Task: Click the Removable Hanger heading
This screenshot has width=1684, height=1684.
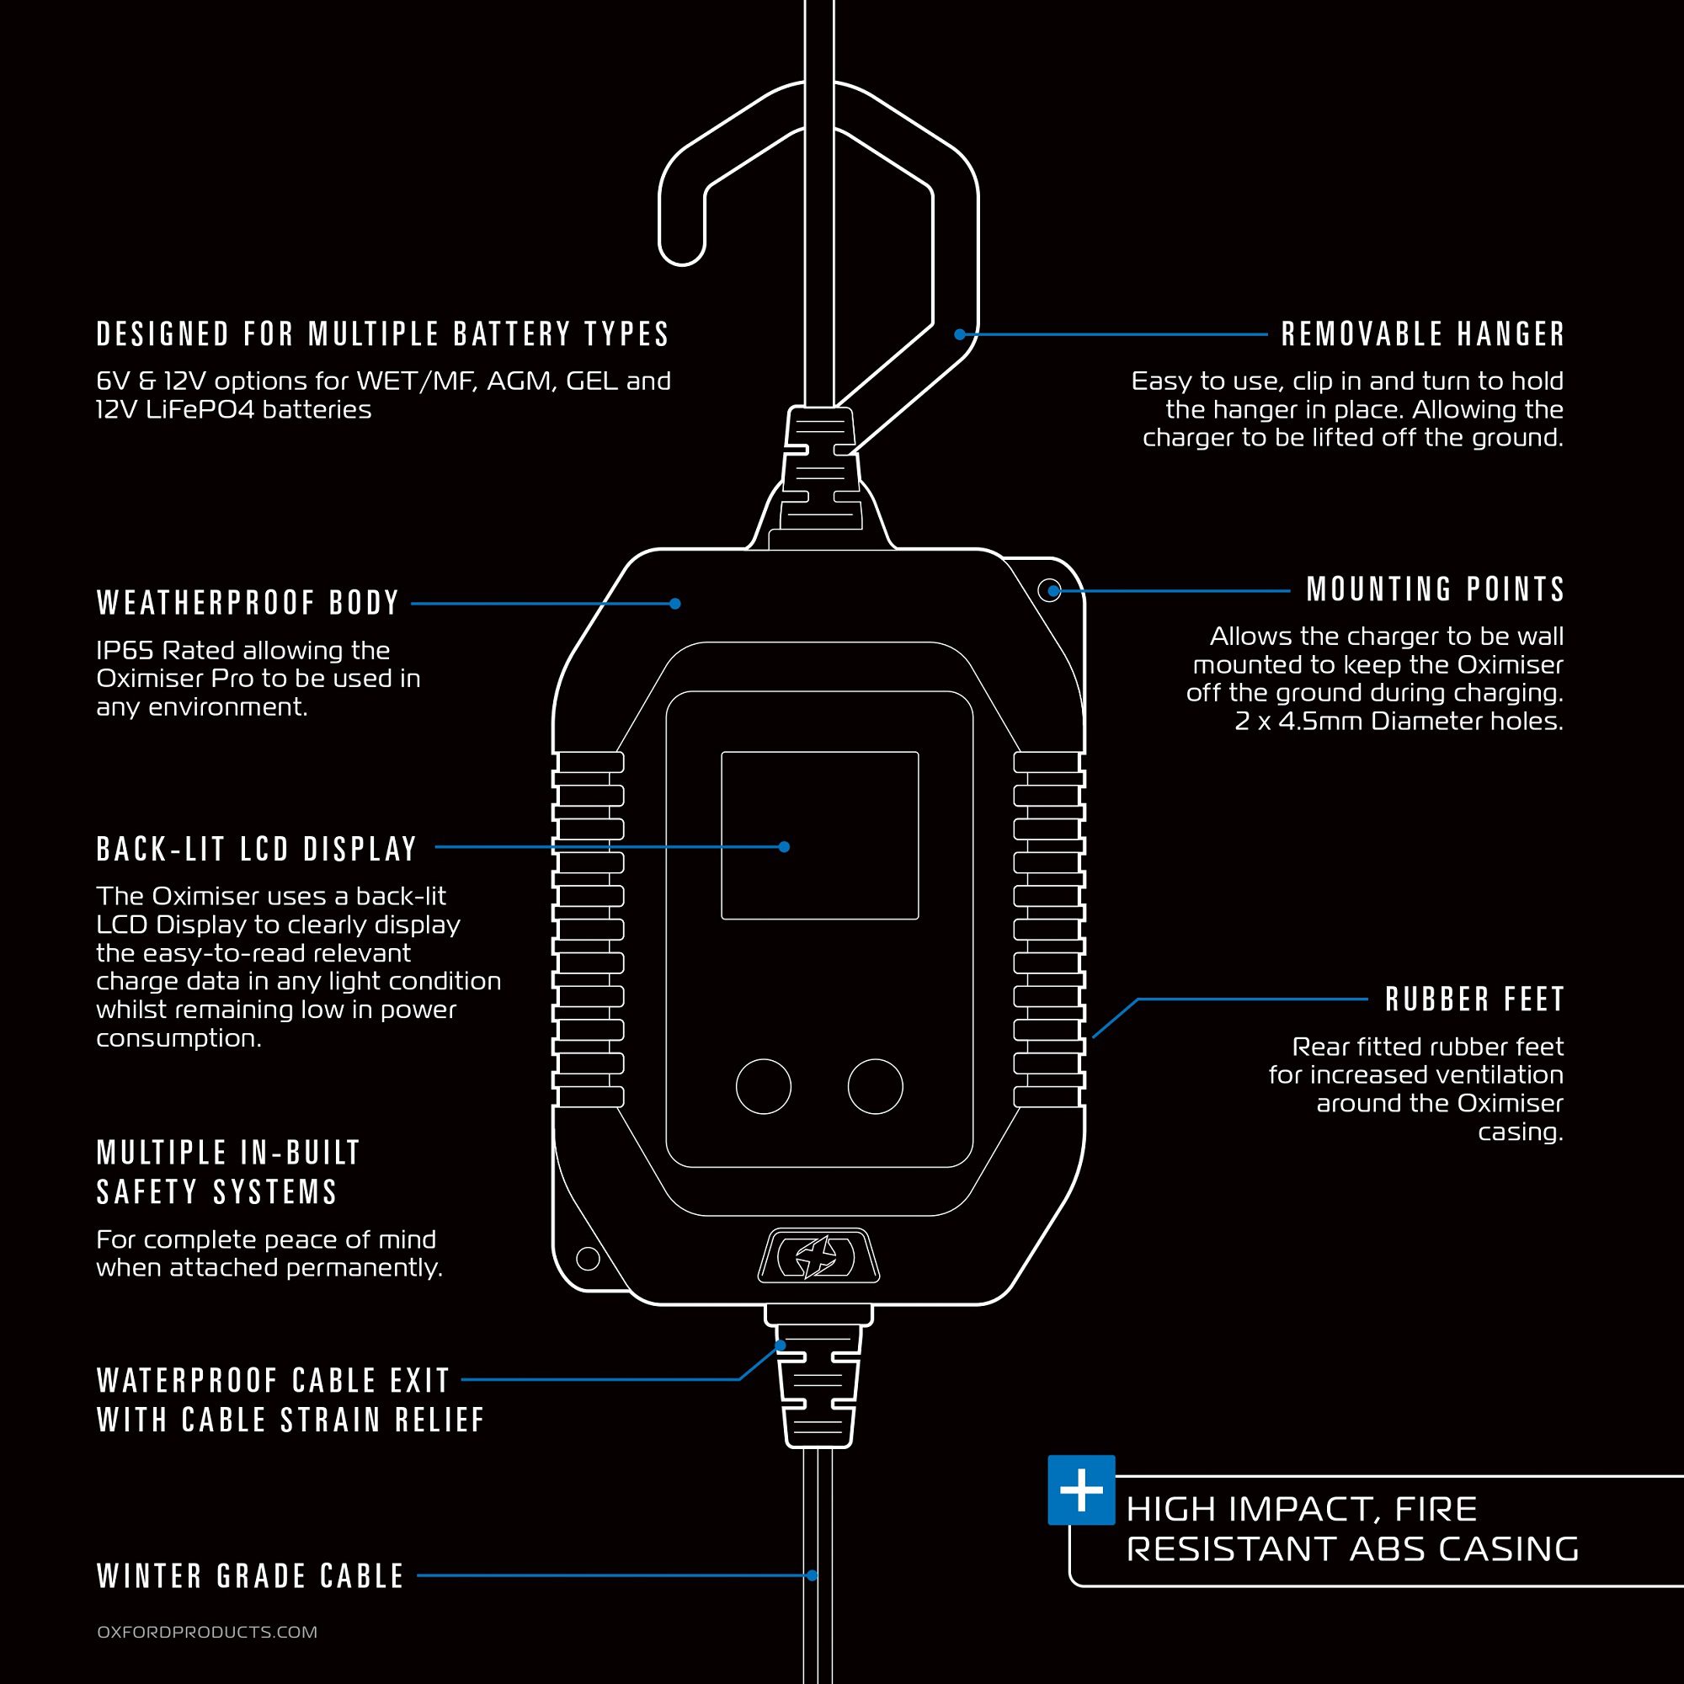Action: (1422, 333)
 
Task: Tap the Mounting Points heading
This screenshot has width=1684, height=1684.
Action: (1435, 590)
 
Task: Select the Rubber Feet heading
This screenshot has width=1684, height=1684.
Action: (1475, 999)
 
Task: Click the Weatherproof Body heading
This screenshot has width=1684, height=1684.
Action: (248, 603)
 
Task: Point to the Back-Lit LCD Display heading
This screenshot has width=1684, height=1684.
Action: (257, 849)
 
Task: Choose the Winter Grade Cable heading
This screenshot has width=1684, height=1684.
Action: (251, 1576)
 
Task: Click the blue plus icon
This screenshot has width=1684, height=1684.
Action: (1081, 1489)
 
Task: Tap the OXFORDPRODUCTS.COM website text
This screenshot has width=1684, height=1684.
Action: (207, 1632)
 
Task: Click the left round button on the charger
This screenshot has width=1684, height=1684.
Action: (764, 1086)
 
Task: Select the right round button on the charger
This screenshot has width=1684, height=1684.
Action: (875, 1086)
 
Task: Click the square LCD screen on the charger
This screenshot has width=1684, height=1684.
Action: (819, 835)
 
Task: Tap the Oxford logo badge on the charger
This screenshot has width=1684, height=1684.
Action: (818, 1256)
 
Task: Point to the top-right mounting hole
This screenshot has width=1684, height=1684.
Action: (1051, 590)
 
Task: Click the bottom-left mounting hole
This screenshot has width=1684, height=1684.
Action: (589, 1258)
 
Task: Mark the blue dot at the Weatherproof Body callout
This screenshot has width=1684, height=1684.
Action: (674, 603)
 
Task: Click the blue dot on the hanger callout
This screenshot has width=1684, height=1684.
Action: (959, 333)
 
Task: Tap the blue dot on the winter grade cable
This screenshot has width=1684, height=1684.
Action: (812, 1575)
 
